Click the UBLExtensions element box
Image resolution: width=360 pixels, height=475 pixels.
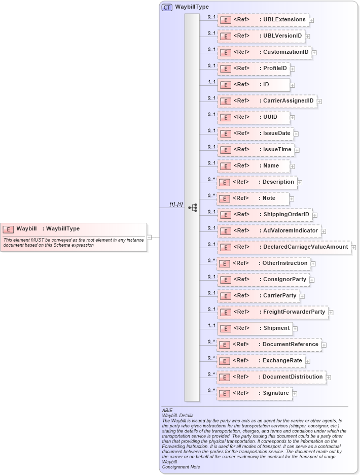point(263,20)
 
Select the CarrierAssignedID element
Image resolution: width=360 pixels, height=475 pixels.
point(267,101)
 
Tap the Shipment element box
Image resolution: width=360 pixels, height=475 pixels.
point(255,328)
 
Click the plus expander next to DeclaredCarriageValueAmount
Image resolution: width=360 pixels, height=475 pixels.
point(353,248)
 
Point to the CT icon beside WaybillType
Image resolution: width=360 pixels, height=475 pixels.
point(167,7)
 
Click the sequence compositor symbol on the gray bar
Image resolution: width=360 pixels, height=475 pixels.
point(192,208)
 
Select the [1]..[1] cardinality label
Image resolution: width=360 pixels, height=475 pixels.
point(176,204)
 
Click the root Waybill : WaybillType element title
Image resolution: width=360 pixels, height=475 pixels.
point(48,229)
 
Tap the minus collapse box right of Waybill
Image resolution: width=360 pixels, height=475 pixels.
point(149,237)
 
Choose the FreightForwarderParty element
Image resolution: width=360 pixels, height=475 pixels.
point(273,312)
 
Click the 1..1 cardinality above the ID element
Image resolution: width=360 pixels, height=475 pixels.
point(211,82)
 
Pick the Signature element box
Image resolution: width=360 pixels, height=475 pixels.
point(255,393)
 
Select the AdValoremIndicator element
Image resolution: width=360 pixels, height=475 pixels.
point(269,231)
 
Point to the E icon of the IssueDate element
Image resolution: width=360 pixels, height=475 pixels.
point(226,133)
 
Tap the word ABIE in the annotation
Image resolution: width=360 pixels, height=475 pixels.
point(167,410)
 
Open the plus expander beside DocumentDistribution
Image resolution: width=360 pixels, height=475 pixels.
point(329,378)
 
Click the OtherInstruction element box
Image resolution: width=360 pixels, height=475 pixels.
point(264,263)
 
